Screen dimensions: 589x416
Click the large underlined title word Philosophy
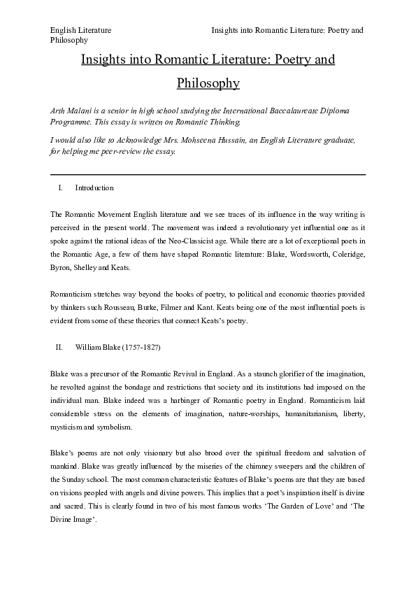coord(208,83)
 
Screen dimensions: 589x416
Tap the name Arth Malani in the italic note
coord(70,111)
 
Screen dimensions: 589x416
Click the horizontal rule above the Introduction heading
coord(208,173)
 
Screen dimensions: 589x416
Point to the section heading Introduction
coord(94,188)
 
